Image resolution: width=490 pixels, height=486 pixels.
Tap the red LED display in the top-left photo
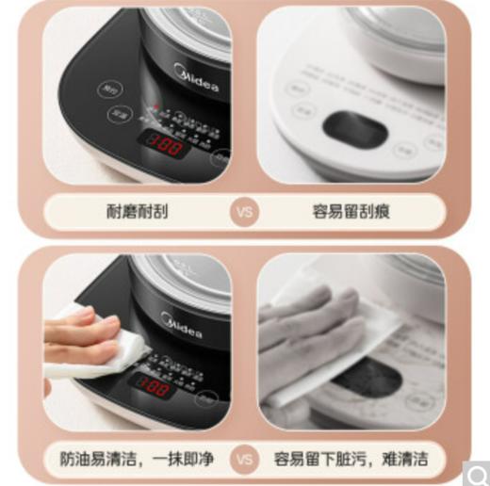tap(163, 144)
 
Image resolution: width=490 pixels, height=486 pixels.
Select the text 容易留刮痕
tap(351, 211)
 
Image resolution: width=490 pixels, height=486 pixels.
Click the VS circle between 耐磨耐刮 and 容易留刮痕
tap(244, 211)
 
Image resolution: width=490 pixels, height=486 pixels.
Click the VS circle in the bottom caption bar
tap(244, 459)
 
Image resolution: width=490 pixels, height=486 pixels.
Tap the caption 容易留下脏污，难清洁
tap(351, 459)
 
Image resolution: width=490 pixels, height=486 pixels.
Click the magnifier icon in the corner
tap(477, 472)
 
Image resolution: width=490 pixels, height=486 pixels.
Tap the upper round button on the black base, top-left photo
tap(110, 89)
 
